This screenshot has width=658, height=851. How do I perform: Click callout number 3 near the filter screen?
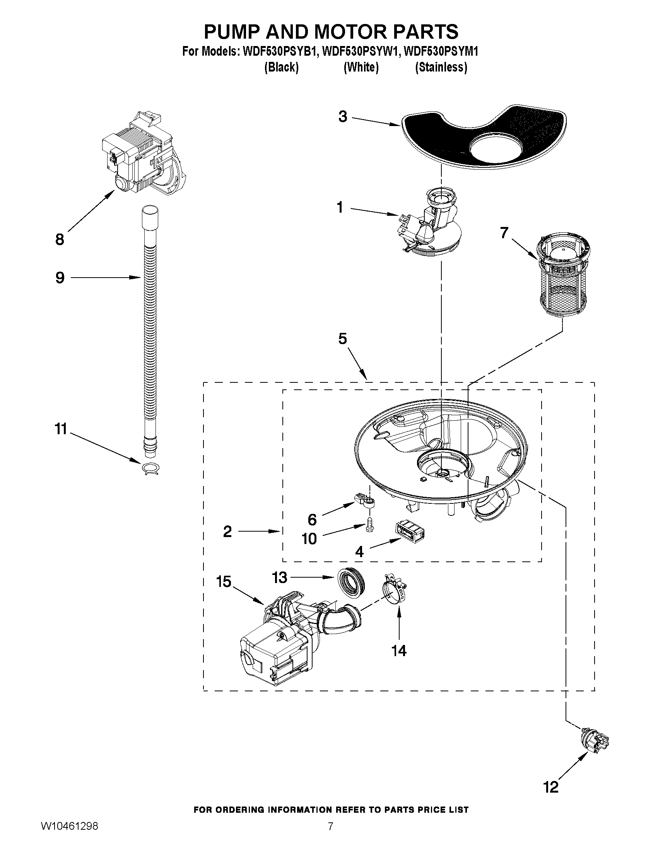coord(342,116)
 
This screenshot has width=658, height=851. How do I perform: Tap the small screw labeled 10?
coord(368,526)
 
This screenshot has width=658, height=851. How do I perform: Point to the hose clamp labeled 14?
coord(394,593)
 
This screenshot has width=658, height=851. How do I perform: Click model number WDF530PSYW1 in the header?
coord(361,51)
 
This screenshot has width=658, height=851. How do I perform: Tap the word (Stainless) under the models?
coord(441,67)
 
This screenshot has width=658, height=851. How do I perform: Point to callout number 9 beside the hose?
coord(60,278)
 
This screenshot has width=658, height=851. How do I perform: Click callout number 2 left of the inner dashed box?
coord(227,532)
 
